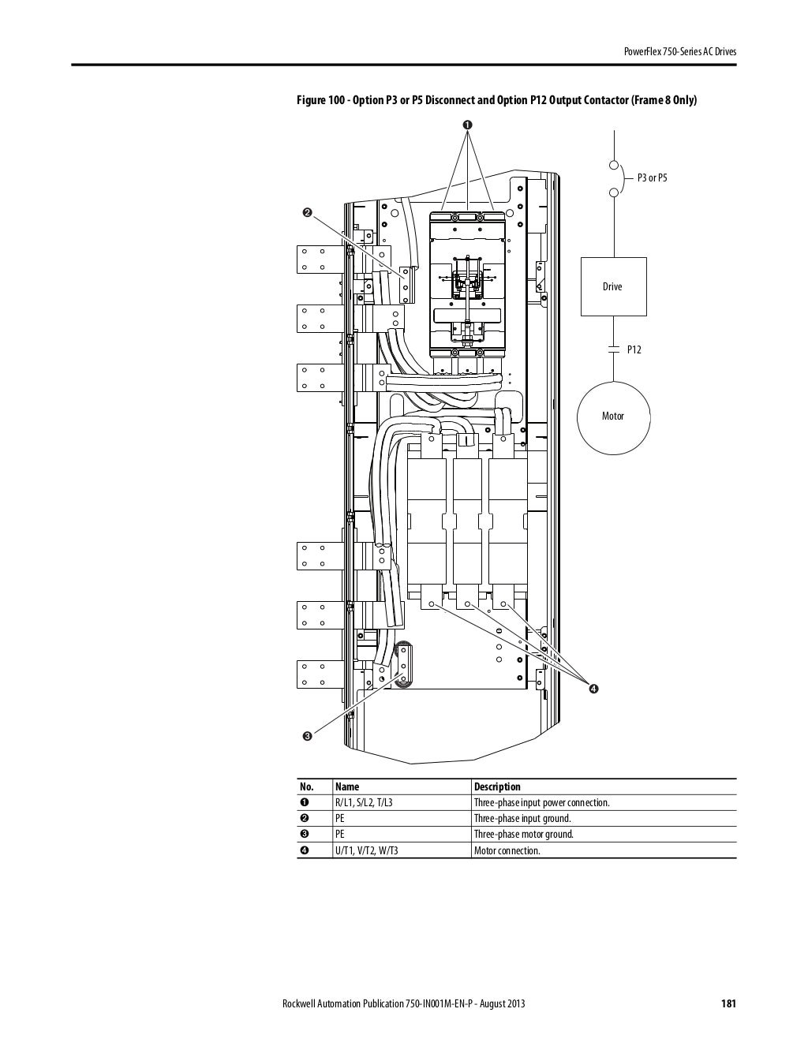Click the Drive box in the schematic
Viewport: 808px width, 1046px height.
tap(613, 286)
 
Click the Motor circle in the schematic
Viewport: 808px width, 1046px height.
tap(613, 416)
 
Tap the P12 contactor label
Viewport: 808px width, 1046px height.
tap(634, 349)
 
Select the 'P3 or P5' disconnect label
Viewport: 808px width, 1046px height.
tap(652, 178)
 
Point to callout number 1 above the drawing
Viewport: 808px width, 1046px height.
tap(467, 125)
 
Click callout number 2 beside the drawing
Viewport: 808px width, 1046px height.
tap(307, 212)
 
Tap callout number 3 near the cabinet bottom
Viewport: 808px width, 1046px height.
tap(307, 736)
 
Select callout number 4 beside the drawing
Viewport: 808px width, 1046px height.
tap(593, 689)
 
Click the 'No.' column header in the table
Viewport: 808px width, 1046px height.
tap(307, 786)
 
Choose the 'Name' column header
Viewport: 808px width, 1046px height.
tap(347, 786)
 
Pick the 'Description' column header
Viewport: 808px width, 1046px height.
tap(497, 786)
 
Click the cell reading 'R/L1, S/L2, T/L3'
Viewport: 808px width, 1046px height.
tap(364, 803)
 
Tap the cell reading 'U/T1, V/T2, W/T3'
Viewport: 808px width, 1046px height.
tap(367, 851)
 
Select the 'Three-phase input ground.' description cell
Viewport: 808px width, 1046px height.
tap(522, 819)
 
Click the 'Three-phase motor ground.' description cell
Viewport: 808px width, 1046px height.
tap(523, 835)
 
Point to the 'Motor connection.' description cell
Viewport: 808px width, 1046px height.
tap(507, 851)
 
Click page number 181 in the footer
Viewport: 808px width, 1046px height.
tap(728, 1004)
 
